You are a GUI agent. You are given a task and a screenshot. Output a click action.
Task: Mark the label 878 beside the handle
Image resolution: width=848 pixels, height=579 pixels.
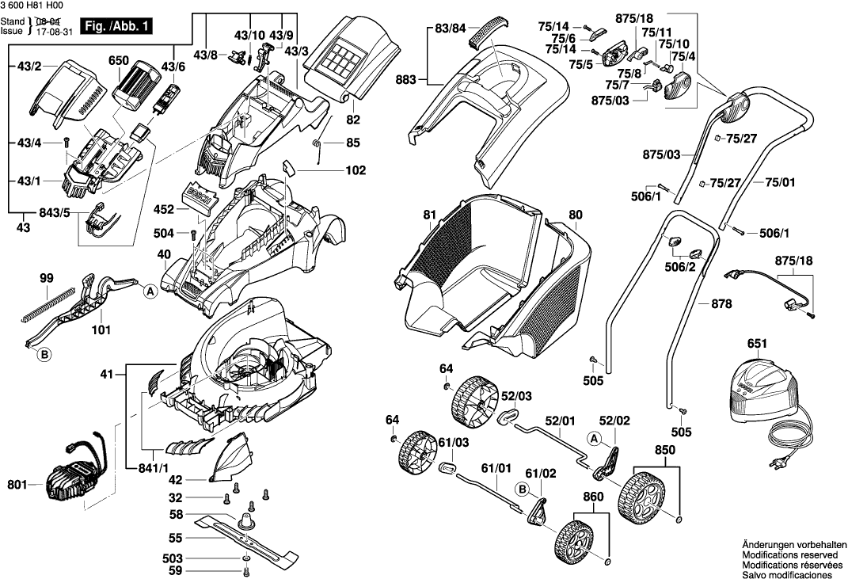721,303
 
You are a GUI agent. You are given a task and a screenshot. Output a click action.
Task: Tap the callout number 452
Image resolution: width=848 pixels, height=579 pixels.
163,211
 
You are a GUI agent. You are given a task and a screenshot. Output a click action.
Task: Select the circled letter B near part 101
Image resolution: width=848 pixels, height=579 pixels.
44,356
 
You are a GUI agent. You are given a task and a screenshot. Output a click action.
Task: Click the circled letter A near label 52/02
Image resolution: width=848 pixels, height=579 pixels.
594,438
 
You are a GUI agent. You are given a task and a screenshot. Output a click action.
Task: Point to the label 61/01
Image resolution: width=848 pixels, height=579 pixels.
497,468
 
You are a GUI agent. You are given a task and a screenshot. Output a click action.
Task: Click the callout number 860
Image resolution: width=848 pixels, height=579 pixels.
592,497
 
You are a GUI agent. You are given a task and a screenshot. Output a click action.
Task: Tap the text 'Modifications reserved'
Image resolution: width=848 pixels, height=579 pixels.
789,555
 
